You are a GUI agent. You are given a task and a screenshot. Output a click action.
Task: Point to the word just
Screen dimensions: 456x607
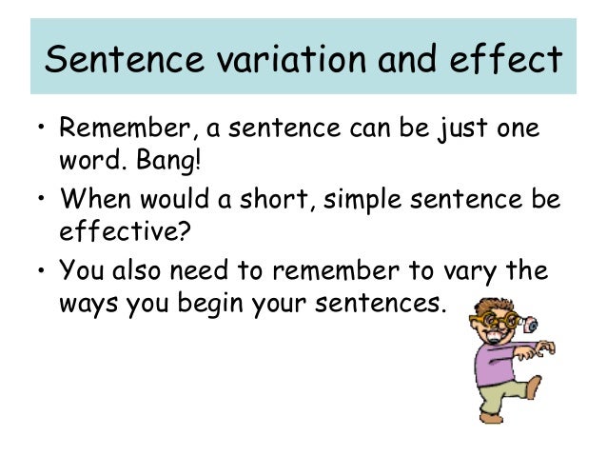(x=460, y=127)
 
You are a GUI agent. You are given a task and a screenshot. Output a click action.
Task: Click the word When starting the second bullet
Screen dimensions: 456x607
(x=89, y=199)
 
